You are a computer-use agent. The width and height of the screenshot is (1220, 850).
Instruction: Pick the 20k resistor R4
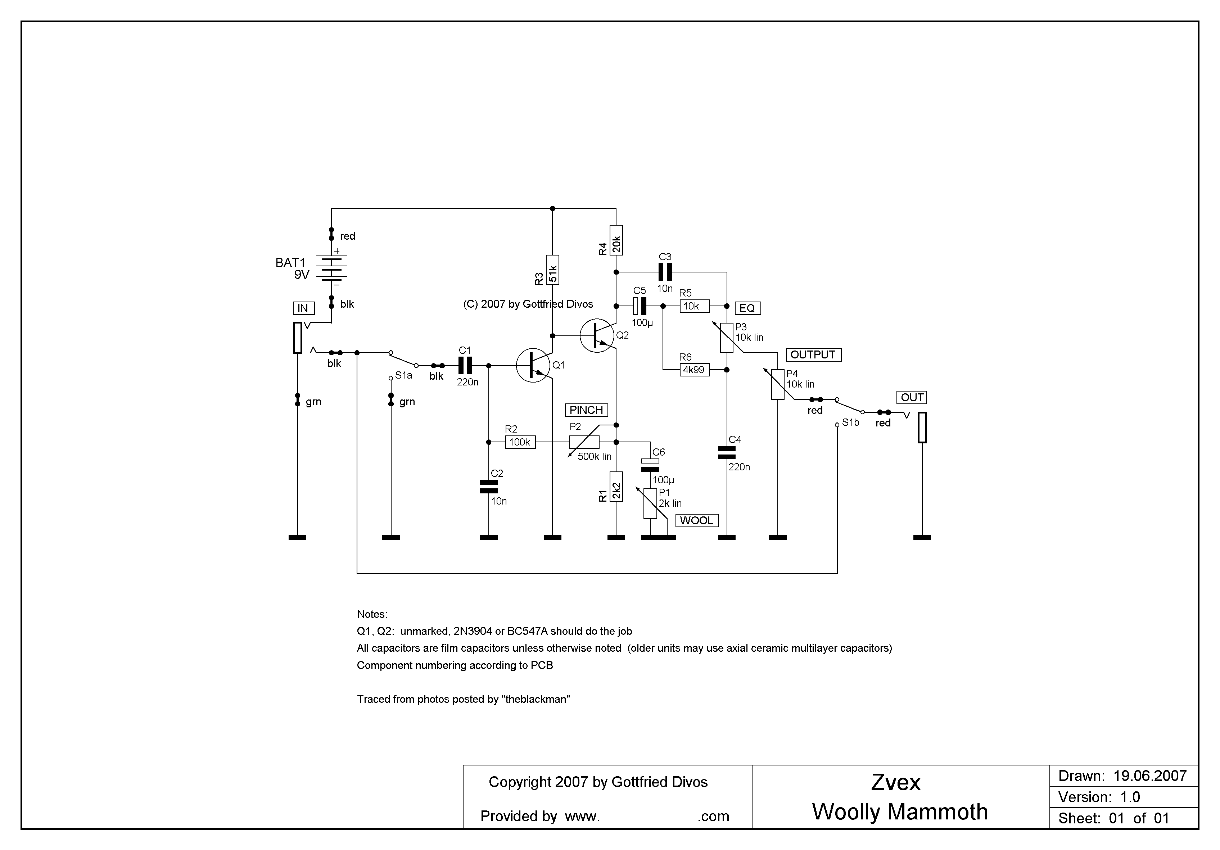[616, 240]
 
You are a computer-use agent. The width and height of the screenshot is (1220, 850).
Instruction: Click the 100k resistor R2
[520, 442]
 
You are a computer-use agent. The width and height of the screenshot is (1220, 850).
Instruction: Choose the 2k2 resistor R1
[616, 487]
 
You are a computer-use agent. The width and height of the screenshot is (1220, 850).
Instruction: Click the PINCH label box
[586, 410]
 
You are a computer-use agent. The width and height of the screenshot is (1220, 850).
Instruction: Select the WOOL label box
[697, 521]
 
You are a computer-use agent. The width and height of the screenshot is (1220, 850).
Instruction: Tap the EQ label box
[747, 308]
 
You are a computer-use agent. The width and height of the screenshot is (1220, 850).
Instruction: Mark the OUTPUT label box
[813, 355]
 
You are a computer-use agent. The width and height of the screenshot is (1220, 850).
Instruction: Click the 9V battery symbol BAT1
[331, 268]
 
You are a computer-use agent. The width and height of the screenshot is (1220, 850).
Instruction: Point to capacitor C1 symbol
[465, 366]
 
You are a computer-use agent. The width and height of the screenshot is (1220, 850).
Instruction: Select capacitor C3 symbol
[665, 272]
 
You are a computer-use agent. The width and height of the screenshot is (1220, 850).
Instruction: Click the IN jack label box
[303, 308]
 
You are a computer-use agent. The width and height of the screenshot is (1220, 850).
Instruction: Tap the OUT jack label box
[912, 397]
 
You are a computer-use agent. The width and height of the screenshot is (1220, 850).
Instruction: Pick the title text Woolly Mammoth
[900, 812]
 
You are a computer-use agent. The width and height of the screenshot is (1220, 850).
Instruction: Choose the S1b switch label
[850, 422]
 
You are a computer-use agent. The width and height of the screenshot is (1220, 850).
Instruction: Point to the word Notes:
[372, 614]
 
